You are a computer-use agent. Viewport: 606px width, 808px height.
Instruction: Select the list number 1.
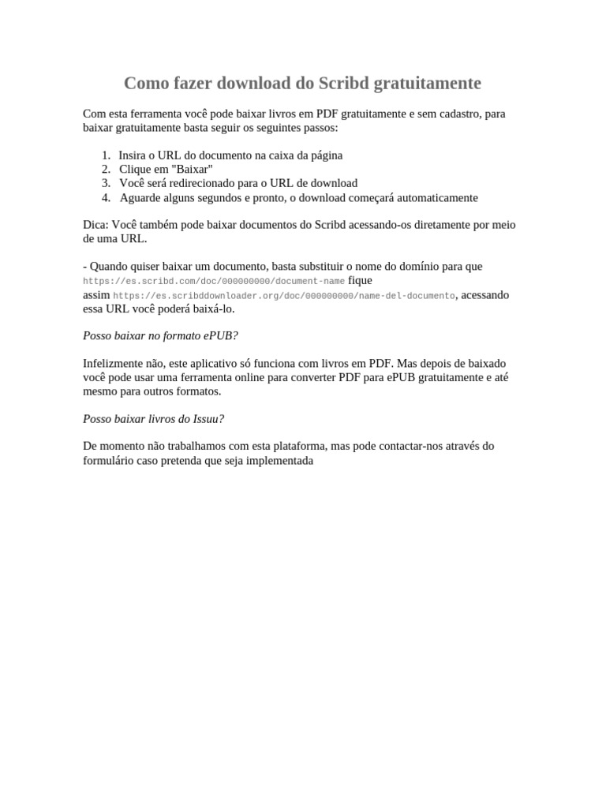[106, 155]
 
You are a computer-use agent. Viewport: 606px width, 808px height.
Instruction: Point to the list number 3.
[106, 183]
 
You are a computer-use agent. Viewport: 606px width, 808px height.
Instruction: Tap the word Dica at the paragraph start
[94, 225]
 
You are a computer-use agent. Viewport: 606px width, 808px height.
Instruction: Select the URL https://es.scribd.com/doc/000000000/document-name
[214, 281]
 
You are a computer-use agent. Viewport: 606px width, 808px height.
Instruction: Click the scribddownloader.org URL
[284, 296]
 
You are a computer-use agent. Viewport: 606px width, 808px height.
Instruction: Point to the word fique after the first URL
[360, 280]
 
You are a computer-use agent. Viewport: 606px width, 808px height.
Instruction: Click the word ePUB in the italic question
[220, 335]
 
